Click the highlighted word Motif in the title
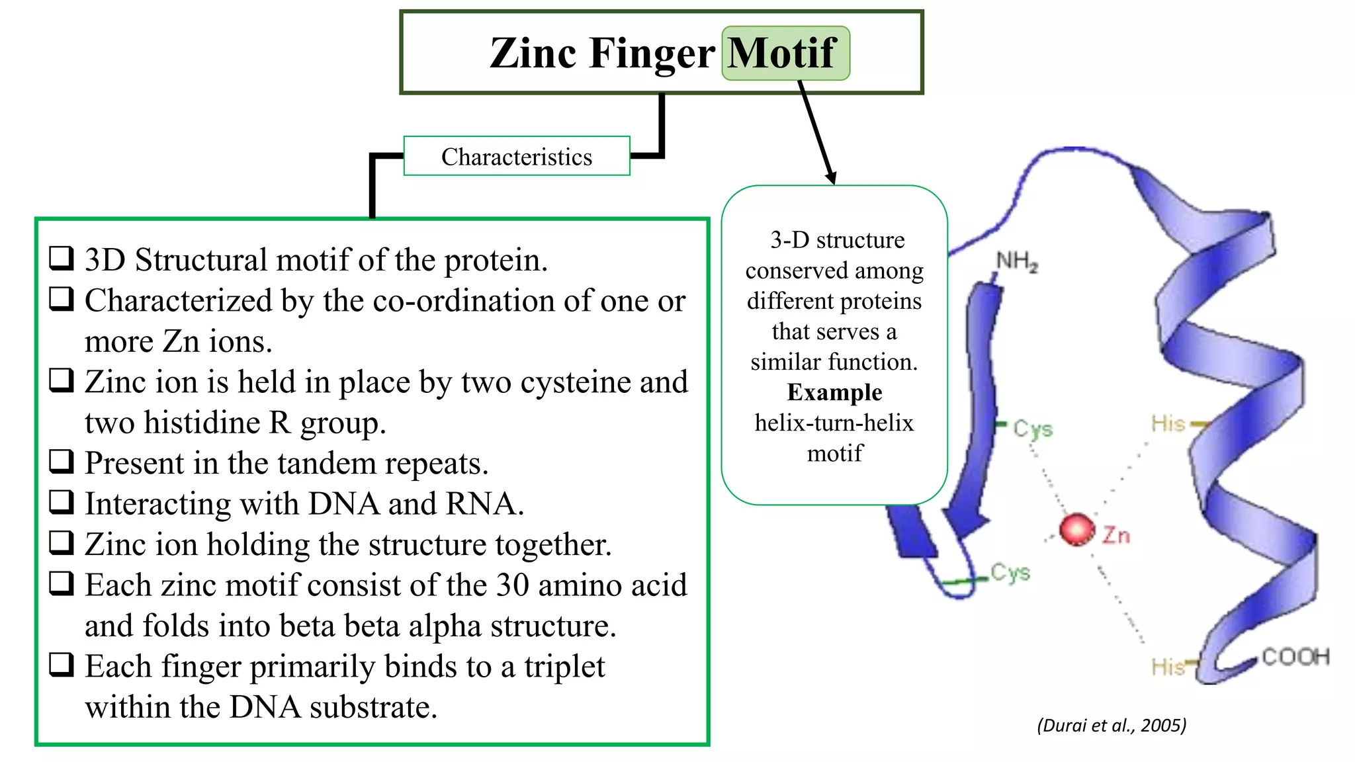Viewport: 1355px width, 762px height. coord(784,53)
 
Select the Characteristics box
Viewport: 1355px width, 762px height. coord(517,157)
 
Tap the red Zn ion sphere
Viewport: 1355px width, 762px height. coord(1077,530)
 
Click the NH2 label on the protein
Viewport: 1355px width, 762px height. coord(1017,262)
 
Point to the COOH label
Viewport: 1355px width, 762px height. coord(1295,657)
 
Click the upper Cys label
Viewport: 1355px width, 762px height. coord(1033,429)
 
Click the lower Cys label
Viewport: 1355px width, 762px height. coord(1010,572)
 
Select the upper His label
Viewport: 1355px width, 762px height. coord(1168,423)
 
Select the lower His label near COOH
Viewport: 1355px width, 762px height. coord(1168,667)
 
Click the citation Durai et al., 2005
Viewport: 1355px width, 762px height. coord(1112,726)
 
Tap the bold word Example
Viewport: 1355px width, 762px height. coord(834,393)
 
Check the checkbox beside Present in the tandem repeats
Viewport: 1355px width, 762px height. coord(62,461)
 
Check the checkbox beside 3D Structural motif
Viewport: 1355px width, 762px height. coord(62,258)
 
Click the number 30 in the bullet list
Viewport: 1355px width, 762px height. coord(513,585)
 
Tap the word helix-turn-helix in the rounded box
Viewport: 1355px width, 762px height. coord(834,423)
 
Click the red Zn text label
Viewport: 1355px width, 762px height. coord(1116,535)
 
